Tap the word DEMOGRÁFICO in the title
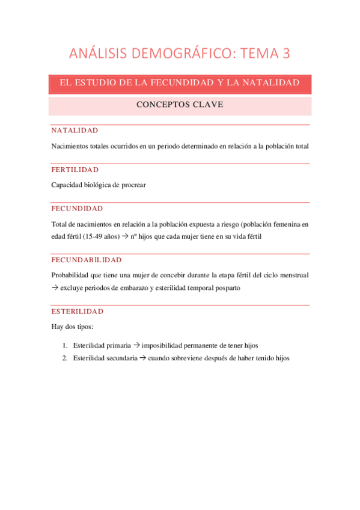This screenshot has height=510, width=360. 178,54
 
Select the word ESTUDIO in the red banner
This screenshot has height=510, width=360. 101,82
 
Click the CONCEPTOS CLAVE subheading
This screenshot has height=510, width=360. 180,105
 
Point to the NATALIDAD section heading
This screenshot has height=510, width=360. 75,131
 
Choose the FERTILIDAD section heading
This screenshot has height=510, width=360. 75,170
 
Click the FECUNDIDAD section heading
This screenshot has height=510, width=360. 77,209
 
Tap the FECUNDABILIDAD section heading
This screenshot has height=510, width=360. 87,260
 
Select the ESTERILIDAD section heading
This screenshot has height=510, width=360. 77,312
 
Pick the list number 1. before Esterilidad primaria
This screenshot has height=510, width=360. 64,346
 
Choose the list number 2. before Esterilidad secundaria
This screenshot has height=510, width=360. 64,358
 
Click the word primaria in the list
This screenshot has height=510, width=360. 118,346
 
